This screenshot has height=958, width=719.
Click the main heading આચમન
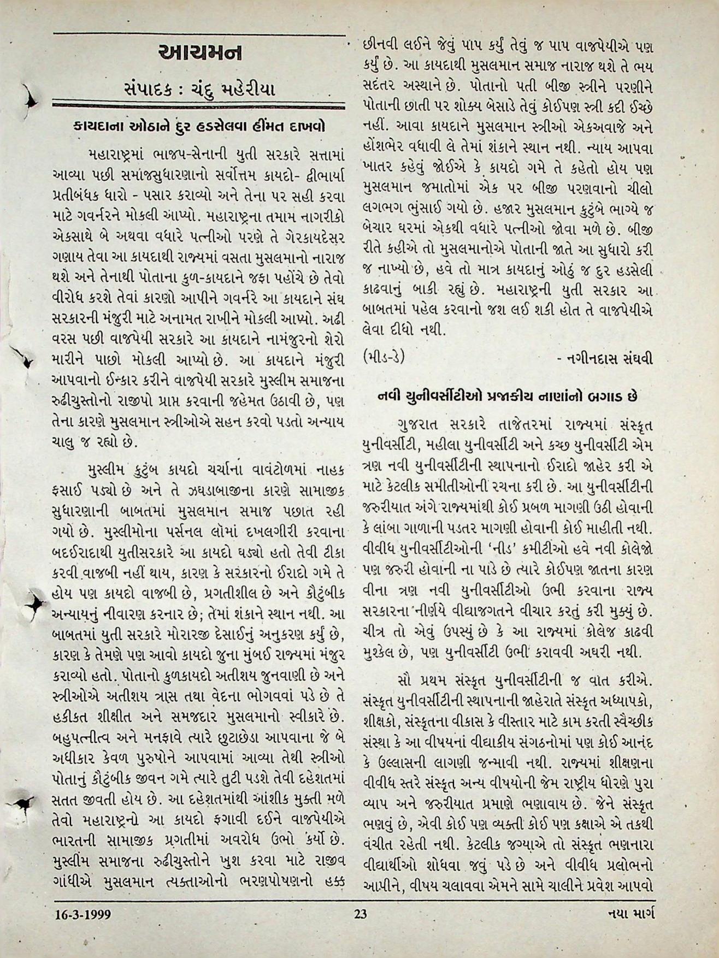[199, 54]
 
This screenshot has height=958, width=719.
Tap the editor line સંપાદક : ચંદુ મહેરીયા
[199, 88]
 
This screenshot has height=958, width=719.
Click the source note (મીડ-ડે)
[384, 357]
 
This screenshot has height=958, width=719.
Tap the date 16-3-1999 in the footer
[82, 913]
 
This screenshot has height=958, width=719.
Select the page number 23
[360, 913]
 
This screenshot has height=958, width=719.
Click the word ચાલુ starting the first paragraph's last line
[67, 440]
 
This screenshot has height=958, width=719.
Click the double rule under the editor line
[199, 104]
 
